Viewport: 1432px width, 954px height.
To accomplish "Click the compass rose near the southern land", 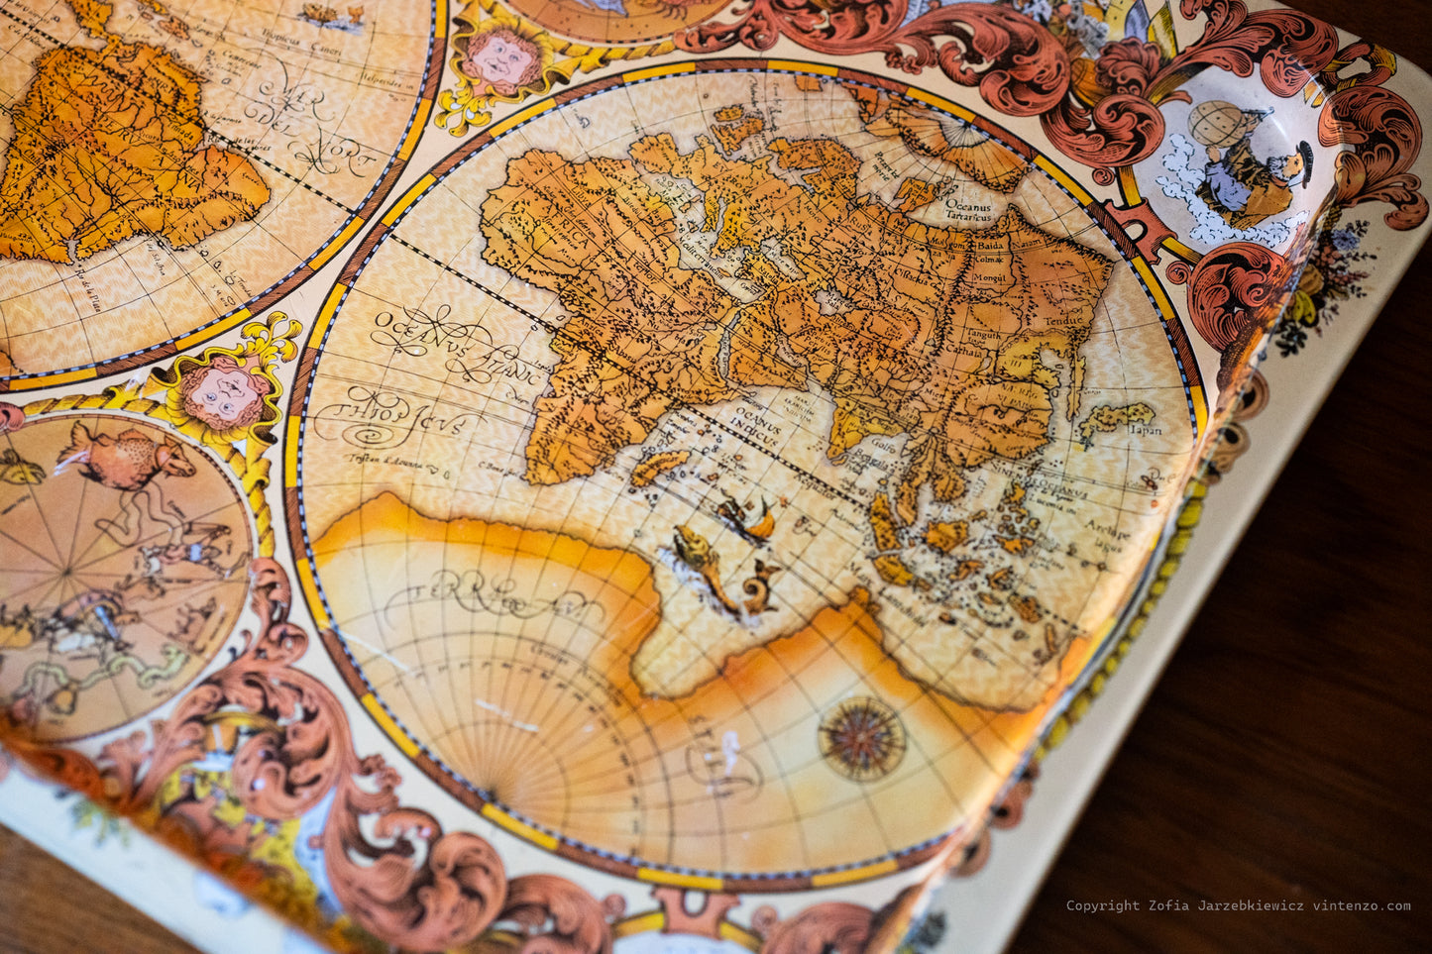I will pyautogui.click(x=861, y=738).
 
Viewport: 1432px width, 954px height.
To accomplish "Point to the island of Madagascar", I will pyautogui.click(x=659, y=466).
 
